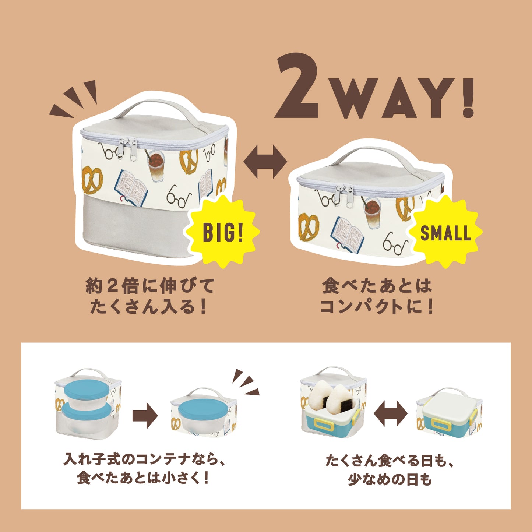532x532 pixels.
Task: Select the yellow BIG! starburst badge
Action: (x=223, y=232)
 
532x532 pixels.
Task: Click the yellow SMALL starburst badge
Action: (x=445, y=232)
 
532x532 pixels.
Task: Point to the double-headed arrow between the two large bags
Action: (x=265, y=162)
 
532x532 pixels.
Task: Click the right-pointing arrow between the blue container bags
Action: (x=145, y=416)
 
